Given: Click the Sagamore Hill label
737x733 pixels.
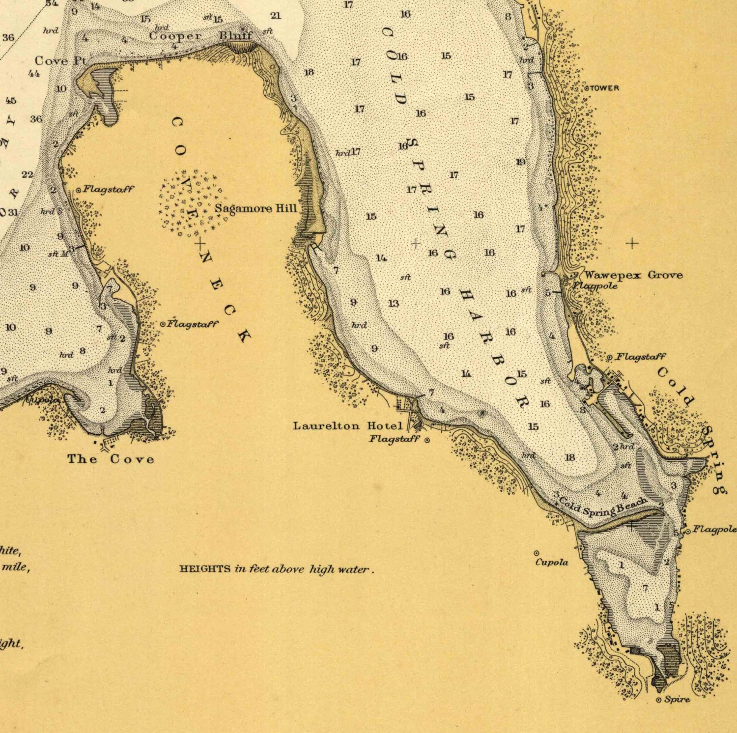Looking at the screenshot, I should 255,208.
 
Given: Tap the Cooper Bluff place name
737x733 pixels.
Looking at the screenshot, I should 200,36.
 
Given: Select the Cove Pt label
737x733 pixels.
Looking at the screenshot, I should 60,61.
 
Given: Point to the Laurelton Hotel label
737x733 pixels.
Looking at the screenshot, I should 347,425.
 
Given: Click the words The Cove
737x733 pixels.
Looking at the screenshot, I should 111,459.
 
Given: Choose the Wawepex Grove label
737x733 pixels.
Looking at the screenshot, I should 633,275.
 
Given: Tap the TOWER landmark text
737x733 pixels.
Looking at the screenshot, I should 604,88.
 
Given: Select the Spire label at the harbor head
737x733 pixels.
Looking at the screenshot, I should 677,700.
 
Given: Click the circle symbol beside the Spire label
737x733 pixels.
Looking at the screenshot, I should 659,700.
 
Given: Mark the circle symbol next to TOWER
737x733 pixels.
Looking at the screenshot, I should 586,88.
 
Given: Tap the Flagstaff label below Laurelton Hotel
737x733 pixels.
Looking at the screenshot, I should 395,439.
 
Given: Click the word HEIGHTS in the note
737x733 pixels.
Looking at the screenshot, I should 205,569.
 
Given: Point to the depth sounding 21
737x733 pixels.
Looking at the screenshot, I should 276,16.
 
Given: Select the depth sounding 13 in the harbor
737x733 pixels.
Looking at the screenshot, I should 394,304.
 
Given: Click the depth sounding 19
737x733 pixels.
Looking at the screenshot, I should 520,162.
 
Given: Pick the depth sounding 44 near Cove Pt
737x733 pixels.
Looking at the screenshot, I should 34,74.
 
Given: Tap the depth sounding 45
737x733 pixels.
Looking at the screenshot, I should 11,101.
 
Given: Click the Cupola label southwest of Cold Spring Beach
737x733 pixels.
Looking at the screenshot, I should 551,562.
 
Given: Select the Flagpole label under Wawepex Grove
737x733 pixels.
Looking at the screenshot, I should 595,285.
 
